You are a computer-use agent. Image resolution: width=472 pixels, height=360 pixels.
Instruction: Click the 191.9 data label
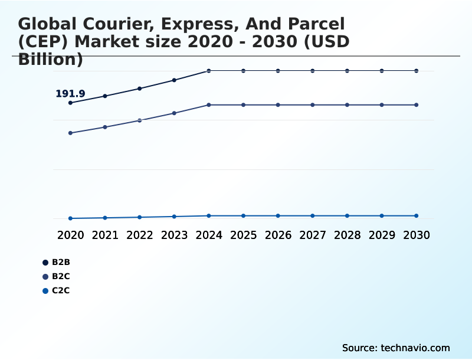point(70,94)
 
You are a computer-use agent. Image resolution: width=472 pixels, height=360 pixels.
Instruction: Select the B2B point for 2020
point(70,103)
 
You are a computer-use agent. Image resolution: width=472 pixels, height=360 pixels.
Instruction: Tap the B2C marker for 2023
point(174,113)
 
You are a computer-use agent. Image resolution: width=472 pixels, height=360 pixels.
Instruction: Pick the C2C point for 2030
point(416,216)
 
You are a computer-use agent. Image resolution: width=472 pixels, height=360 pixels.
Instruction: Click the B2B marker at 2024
point(209,71)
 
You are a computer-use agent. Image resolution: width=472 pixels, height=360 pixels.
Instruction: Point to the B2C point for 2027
point(313,105)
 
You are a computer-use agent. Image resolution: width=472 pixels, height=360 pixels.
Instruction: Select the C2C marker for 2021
point(105,218)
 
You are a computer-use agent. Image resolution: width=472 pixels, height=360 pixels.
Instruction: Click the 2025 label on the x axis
point(243,235)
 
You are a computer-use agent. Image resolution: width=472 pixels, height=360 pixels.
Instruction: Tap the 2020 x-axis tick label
point(70,235)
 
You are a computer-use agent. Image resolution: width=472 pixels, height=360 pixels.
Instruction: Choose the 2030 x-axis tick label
point(416,235)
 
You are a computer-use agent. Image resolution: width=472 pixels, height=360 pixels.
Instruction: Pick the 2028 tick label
point(347,235)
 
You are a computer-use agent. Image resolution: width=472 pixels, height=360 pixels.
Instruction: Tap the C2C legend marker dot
point(45,290)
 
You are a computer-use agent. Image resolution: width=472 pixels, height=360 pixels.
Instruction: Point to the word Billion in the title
point(50,60)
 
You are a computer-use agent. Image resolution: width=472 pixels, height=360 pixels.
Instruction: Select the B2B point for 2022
point(140,89)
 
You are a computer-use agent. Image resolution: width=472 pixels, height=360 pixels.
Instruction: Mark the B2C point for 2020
point(70,133)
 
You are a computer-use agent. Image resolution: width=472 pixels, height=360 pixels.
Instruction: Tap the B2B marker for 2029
point(382,71)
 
